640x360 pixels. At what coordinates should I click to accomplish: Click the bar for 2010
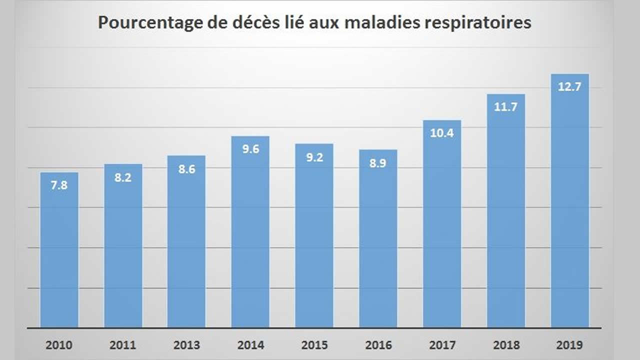coord(59,250)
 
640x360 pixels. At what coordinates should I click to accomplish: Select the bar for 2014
coord(250,232)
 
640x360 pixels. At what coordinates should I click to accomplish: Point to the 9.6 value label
coord(250,149)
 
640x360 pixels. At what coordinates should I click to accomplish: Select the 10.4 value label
coord(442,133)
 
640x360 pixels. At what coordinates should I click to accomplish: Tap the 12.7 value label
coord(569,87)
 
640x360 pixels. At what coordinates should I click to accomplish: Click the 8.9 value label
coord(378,163)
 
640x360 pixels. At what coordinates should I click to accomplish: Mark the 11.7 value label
coord(505,107)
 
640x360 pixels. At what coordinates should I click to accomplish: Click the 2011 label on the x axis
coord(123,345)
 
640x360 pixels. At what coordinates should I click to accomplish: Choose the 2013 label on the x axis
coord(186,345)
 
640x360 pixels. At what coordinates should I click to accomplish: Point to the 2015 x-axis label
coord(314,345)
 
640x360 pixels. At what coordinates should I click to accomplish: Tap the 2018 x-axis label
coord(505,345)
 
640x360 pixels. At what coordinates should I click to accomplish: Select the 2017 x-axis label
coord(442,345)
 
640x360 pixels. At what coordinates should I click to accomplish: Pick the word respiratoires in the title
coord(482,23)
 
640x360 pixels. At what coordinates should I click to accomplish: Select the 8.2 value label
coord(123,177)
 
